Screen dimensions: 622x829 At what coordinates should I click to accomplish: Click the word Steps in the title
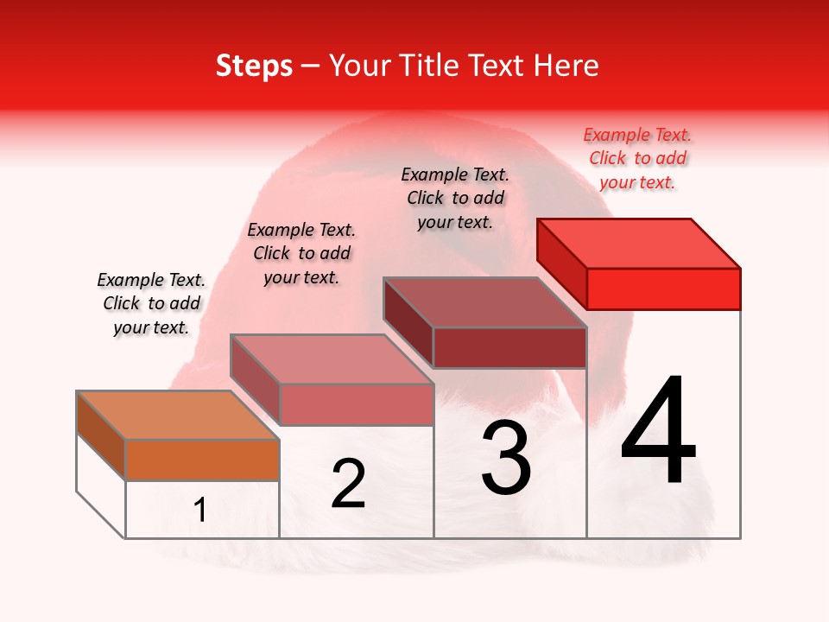(x=254, y=66)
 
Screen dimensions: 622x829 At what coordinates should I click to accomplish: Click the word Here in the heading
(x=567, y=66)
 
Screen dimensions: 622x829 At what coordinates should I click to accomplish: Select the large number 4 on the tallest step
(x=658, y=432)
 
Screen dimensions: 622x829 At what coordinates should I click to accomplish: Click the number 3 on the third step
(x=506, y=458)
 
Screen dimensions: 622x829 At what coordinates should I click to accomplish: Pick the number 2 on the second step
(x=348, y=484)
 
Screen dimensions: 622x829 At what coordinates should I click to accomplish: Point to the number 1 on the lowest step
(x=200, y=511)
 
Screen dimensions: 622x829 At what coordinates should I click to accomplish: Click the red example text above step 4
(x=637, y=158)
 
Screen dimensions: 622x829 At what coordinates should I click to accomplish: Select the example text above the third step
(x=455, y=198)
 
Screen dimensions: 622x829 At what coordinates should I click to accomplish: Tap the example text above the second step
(x=301, y=253)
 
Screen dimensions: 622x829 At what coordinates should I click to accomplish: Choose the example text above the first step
(x=151, y=303)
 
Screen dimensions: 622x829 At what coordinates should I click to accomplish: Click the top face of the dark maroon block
(x=485, y=302)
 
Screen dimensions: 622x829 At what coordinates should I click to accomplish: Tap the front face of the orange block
(x=202, y=460)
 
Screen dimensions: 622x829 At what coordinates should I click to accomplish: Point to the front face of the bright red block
(x=663, y=289)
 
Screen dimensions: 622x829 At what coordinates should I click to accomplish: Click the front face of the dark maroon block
(x=509, y=348)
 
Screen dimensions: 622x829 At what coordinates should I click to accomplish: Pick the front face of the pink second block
(x=357, y=405)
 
